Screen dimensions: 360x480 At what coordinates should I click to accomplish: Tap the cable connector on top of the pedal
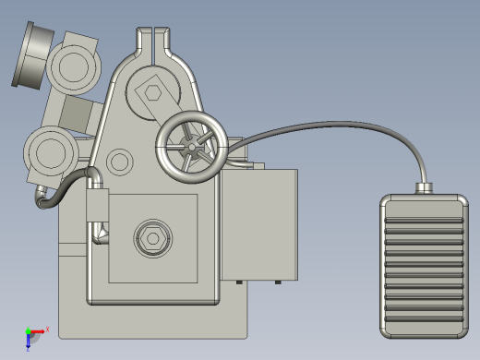click(x=425, y=188)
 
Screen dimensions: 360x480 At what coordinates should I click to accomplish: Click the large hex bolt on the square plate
click(x=152, y=238)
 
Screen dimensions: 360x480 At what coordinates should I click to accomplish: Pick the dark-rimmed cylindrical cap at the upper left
click(x=31, y=55)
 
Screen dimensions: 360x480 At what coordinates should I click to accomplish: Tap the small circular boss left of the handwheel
click(x=119, y=162)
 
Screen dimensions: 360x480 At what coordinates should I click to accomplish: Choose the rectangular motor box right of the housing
click(x=262, y=225)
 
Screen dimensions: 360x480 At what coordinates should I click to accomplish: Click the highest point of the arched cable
click(x=342, y=122)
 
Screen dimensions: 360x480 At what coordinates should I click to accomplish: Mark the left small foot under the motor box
click(x=238, y=281)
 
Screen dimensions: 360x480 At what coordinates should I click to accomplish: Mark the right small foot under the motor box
click(x=281, y=281)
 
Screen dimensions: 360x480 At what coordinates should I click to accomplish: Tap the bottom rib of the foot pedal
click(x=424, y=319)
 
